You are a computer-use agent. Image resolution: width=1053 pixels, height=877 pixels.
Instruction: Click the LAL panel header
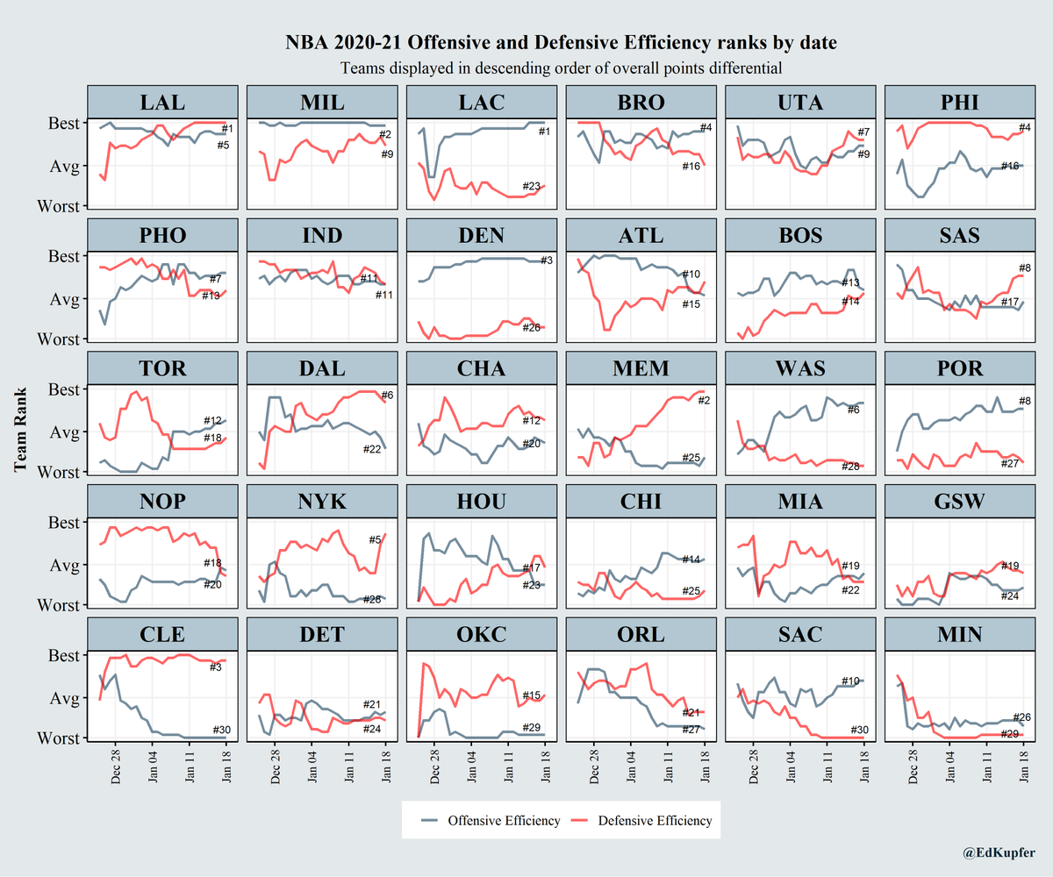pyautogui.click(x=162, y=101)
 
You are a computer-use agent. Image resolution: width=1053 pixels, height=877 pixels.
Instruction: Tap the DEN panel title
pyautogui.click(x=482, y=234)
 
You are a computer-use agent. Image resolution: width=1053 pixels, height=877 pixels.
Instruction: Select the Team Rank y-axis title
pyautogui.click(x=21, y=430)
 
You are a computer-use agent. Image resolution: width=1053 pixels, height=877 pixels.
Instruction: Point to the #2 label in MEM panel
pyautogui.click(x=703, y=402)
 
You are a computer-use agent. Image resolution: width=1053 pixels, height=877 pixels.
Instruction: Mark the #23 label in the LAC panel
pyautogui.click(x=532, y=186)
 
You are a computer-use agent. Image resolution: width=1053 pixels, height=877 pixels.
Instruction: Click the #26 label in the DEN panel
pyautogui.click(x=532, y=328)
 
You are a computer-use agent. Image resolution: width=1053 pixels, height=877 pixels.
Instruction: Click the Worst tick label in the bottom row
pyautogui.click(x=59, y=738)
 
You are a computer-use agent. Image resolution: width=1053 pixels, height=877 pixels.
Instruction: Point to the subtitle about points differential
pyautogui.click(x=561, y=67)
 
